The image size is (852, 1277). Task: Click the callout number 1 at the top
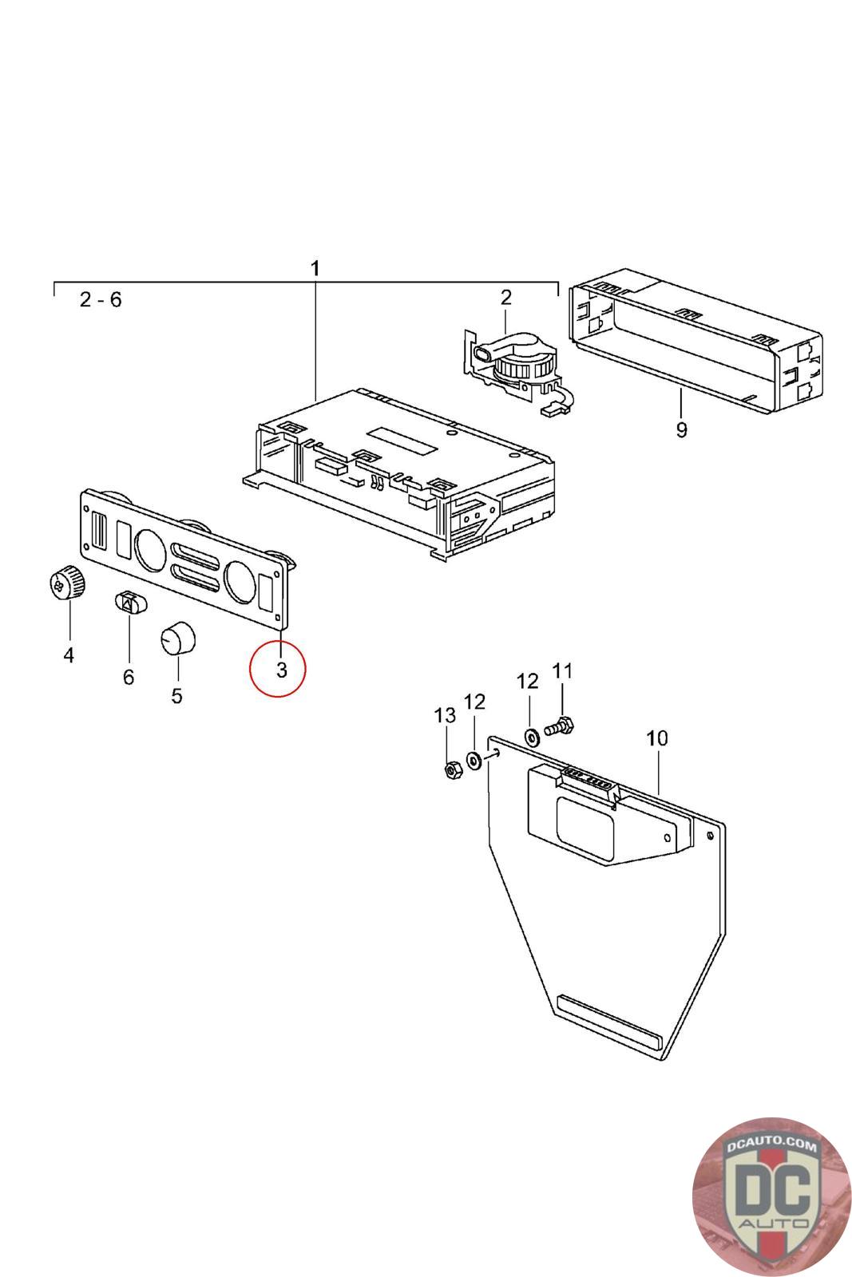[x=315, y=267]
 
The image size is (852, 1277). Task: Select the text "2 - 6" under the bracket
[x=101, y=300]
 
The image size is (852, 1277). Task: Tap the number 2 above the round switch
[x=506, y=298]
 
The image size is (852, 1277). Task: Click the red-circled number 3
[x=281, y=670]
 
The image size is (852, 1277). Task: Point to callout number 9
[x=681, y=430]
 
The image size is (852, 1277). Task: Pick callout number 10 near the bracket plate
[x=656, y=738]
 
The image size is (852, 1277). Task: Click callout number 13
[x=445, y=715]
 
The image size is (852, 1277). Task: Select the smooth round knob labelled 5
[x=176, y=641]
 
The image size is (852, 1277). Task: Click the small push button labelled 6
[x=129, y=603]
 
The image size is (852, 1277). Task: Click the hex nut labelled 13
[x=450, y=770]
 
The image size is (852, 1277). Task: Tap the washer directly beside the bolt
[x=531, y=733]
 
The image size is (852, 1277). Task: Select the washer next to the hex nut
[x=474, y=760]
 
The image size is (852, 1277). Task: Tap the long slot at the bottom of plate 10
[x=609, y=1022]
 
